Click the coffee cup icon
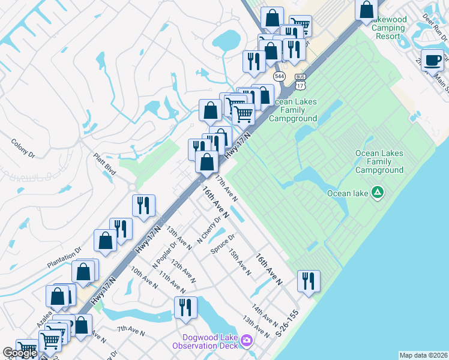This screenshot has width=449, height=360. [x=433, y=60]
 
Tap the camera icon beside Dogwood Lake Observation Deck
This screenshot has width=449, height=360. [x=247, y=341]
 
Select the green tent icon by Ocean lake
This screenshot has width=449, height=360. [x=378, y=193]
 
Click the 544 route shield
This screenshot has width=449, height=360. [x=279, y=76]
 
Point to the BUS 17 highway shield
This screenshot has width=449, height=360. [x=300, y=81]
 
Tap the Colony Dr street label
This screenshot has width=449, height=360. [x=23, y=149]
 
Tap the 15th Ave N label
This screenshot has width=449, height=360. [x=240, y=262]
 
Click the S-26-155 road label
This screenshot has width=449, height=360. [x=286, y=323]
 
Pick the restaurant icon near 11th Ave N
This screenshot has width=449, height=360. [x=185, y=307]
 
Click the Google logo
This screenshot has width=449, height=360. [x=19, y=353]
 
